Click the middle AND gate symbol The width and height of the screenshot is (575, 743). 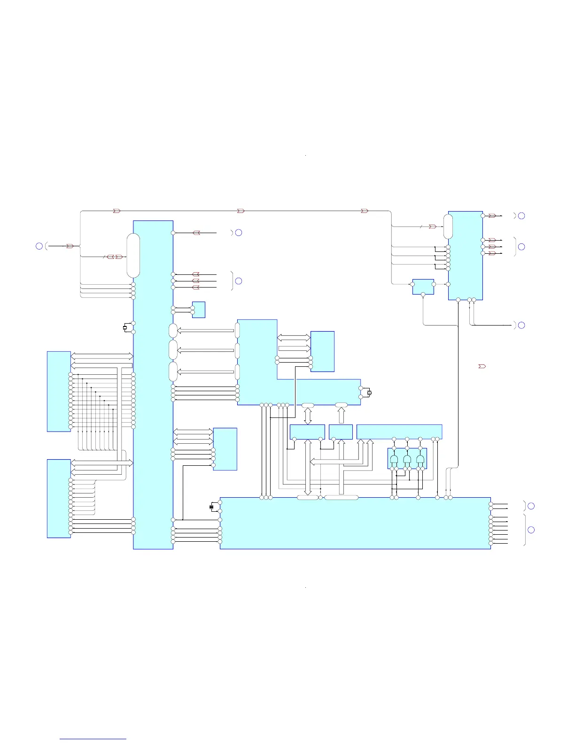click(407, 459)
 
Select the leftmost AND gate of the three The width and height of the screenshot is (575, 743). click(394, 459)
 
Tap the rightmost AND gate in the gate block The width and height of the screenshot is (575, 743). click(420, 459)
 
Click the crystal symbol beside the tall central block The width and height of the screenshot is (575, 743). click(125, 327)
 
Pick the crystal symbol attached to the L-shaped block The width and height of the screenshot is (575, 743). click(369, 393)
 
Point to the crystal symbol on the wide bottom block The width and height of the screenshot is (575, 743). click(211, 507)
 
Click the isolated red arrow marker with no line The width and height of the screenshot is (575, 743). click(482, 366)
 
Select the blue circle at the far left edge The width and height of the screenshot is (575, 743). click(39, 246)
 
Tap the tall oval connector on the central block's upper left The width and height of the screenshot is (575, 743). click(133, 256)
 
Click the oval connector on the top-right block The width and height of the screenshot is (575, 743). click(448, 227)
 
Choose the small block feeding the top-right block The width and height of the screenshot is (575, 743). click(423, 287)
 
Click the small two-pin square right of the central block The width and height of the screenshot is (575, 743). click(199, 310)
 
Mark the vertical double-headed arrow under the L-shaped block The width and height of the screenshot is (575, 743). click(308, 415)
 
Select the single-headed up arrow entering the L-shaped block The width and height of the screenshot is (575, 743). click(342, 415)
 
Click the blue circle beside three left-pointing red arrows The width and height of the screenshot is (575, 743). click(239, 281)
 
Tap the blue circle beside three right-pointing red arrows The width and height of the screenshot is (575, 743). click(521, 247)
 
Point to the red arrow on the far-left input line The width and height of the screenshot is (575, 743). click(70, 246)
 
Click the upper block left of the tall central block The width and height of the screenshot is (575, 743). click(59, 391)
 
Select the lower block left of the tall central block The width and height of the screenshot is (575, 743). click(59, 498)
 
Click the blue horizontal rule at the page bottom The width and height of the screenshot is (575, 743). click(93, 739)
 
